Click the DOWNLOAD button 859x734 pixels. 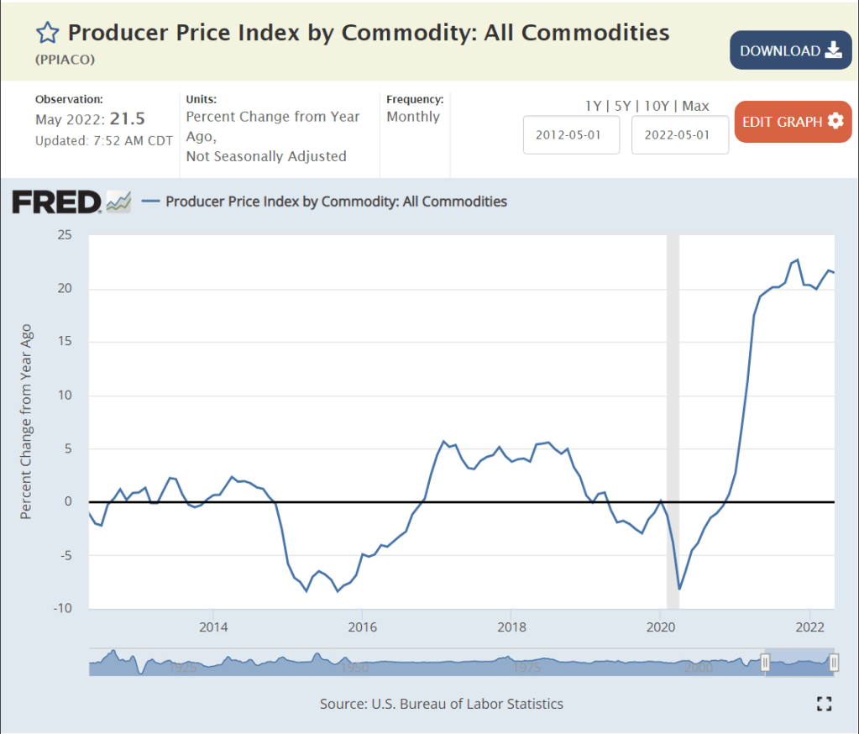[x=790, y=50]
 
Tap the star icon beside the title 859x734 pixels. [x=47, y=33]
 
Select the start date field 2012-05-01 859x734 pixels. [x=571, y=135]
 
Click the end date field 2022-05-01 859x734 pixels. [x=679, y=135]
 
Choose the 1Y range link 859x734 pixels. [x=593, y=106]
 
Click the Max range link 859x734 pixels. [x=695, y=106]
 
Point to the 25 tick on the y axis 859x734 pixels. [x=64, y=235]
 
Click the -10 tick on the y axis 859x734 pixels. [x=61, y=608]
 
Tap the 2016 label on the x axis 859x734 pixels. [x=362, y=627]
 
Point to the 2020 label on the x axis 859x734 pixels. [x=660, y=627]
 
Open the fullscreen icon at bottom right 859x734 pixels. [x=824, y=704]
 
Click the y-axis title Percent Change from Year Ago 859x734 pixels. [x=26, y=422]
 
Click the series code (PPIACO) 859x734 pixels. [x=65, y=60]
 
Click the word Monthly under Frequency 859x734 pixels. [x=413, y=117]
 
